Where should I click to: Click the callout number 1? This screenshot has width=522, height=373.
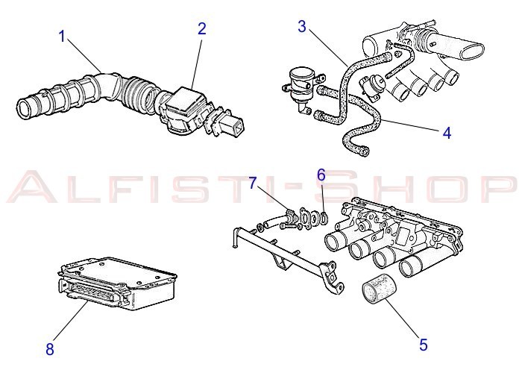64,36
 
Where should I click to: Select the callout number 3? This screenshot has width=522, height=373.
302,27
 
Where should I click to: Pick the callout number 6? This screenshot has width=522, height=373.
321,175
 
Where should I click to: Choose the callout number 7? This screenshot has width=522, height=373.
252,184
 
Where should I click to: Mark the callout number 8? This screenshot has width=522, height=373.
50,348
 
